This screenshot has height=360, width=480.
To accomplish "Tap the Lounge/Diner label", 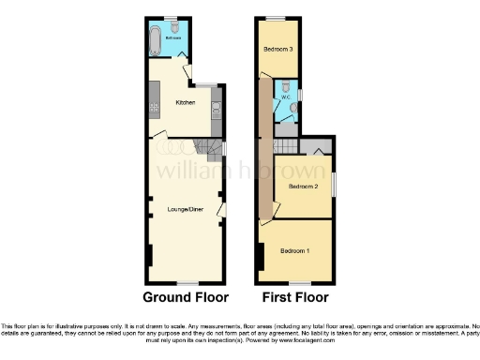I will (x=184, y=208).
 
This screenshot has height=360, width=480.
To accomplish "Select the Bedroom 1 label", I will (x=296, y=251).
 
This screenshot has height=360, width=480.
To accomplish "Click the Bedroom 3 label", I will (x=277, y=49).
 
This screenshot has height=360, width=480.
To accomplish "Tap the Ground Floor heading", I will (x=184, y=297).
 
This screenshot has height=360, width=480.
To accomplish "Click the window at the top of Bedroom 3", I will (x=276, y=20).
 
